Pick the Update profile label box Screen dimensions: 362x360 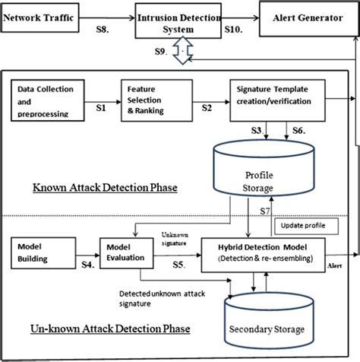[x=303, y=225]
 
